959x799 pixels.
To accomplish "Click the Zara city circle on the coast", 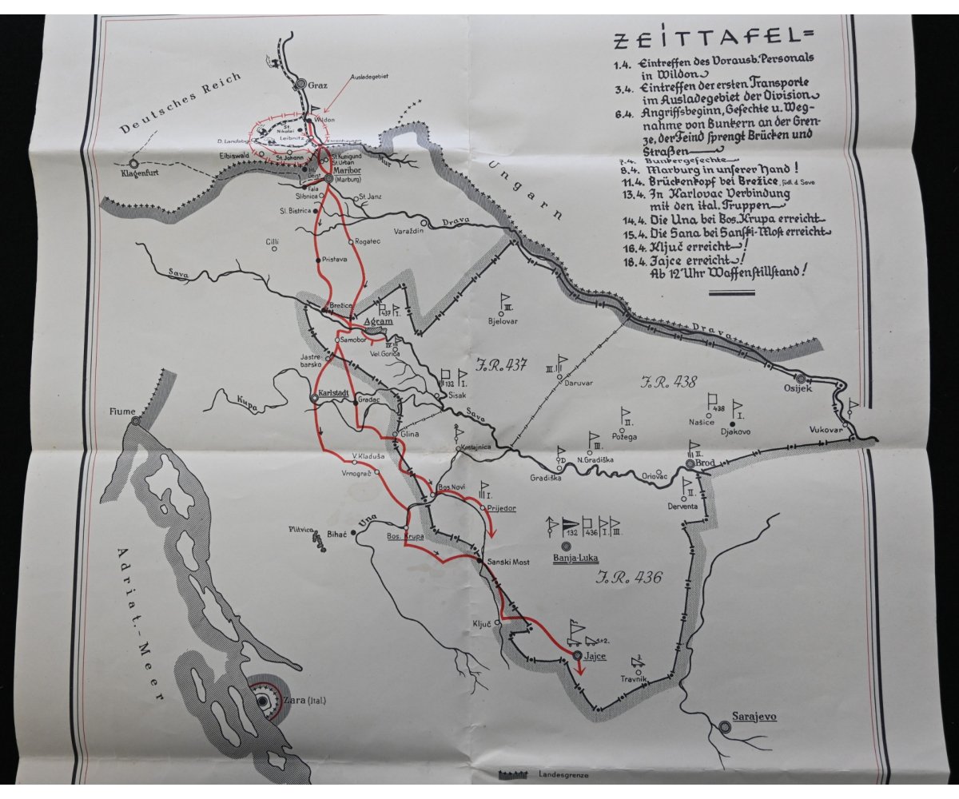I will (x=262, y=701).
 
